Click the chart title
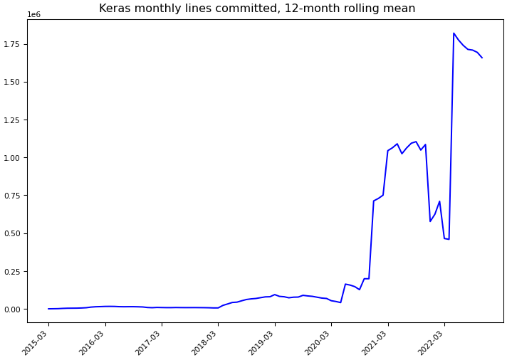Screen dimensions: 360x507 click(x=257, y=9)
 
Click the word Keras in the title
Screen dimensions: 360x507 click(x=115, y=9)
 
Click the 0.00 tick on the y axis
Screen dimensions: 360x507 click(x=14, y=309)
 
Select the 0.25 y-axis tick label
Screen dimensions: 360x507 click(x=14, y=272)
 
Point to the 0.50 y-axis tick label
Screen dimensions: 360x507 click(x=14, y=233)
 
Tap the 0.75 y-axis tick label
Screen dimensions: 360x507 click(x=14, y=196)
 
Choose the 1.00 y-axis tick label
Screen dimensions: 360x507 click(x=14, y=158)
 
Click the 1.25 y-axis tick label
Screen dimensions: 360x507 click(x=14, y=120)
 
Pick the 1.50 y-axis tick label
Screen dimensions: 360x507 click(x=14, y=82)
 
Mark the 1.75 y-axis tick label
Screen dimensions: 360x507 click(x=14, y=44)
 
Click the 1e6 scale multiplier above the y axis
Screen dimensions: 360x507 click(x=33, y=14)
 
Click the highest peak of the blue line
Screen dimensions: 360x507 click(x=454, y=33)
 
